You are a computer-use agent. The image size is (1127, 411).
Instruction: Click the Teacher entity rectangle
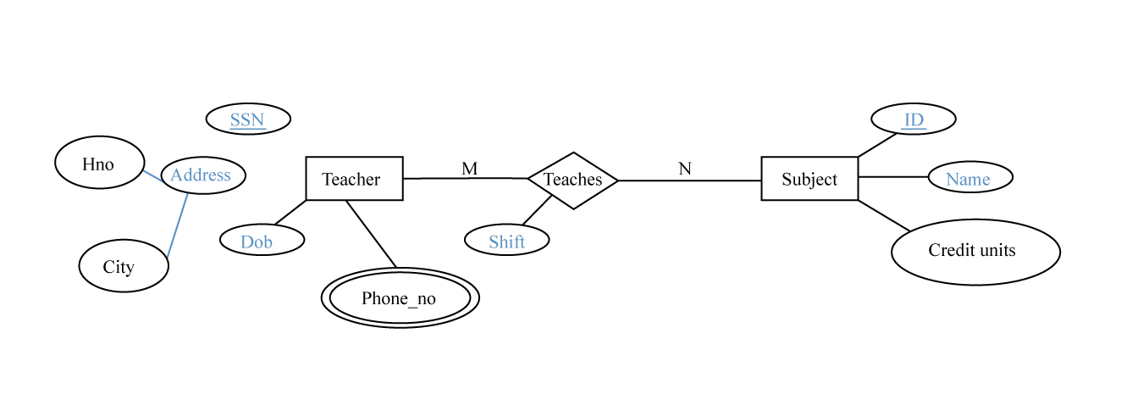coord(354,179)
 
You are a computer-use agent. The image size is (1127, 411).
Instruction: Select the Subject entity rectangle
coord(809,179)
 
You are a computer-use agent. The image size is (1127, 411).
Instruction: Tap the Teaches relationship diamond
coord(573,180)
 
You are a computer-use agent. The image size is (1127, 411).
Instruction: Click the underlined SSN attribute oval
coord(248,119)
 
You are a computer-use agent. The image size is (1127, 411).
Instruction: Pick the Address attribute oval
coord(203,175)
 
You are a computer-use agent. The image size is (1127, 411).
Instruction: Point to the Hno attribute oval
coord(99,163)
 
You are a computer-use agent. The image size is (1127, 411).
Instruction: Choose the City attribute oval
coord(124,266)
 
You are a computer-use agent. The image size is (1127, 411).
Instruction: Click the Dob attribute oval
coord(262,241)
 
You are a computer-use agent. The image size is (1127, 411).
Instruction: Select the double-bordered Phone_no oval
coord(400,298)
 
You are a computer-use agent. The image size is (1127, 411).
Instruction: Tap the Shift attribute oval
coord(507,241)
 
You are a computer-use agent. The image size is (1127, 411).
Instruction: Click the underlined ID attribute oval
coord(914,119)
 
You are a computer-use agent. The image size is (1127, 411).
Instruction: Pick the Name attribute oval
coord(970,178)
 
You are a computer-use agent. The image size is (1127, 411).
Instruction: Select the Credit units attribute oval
coord(975,252)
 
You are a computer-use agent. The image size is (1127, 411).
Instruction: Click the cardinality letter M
coord(470,169)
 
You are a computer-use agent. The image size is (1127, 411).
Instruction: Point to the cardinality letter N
coord(685,169)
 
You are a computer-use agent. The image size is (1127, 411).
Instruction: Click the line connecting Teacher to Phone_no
coord(371,234)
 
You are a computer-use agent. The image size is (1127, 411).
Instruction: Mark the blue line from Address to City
coord(177,225)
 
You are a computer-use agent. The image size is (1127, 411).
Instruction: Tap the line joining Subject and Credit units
coord(884,215)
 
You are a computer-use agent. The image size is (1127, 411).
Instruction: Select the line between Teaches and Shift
coord(537,210)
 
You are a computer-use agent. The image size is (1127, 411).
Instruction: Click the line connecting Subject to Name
coord(893,177)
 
